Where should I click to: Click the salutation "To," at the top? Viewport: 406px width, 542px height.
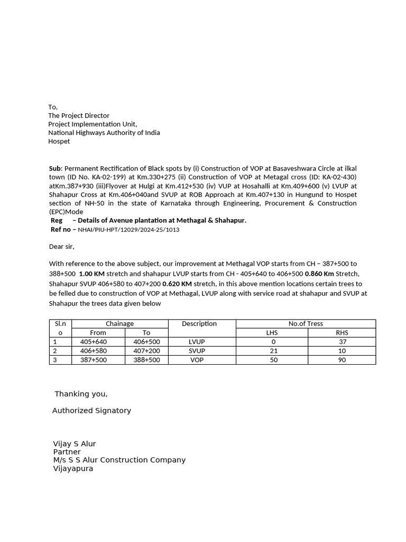tap(53, 107)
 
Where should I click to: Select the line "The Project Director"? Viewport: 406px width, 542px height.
tap(79, 115)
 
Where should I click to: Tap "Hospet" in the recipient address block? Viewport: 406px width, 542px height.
tap(59, 141)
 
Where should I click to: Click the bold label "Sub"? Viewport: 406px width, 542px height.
tap(55, 168)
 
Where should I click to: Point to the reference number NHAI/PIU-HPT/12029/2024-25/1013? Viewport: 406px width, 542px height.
tap(128, 230)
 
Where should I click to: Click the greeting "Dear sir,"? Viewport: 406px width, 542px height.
tap(62, 247)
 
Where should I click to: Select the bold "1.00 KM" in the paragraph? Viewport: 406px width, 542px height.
tap(91, 274)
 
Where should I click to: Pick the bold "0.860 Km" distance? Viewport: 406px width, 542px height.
tap(319, 274)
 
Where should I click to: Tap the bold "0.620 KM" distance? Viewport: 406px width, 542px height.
tap(177, 284)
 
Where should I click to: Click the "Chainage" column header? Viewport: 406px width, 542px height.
tap(120, 323)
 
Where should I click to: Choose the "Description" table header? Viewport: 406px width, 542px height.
tap(199, 323)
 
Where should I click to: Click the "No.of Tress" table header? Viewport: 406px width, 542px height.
tap(306, 323)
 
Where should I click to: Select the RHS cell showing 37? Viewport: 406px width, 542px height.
tap(342, 342)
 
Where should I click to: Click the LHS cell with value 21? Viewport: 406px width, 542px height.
tap(274, 351)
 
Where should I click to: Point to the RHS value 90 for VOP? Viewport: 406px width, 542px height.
tap(342, 360)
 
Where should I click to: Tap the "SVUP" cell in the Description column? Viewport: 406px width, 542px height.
tap(197, 351)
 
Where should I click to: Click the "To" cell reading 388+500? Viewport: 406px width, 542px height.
tap(146, 360)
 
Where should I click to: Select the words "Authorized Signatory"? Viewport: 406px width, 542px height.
tap(91, 411)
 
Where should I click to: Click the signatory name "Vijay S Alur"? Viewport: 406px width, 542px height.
tap(75, 444)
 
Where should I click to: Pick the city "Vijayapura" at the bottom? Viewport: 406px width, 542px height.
tap(73, 468)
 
